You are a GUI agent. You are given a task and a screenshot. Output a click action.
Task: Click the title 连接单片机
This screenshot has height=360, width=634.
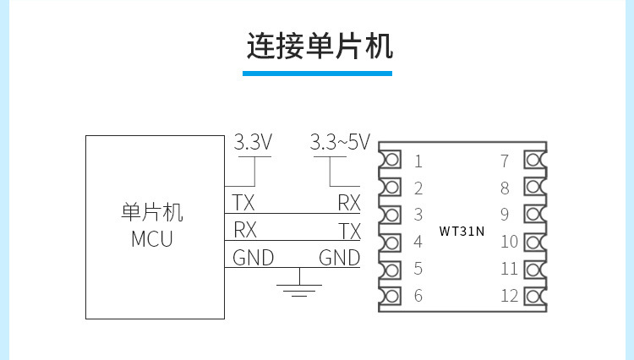pos(319,45)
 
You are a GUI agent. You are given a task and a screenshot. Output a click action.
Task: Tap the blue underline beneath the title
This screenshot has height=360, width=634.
pos(319,74)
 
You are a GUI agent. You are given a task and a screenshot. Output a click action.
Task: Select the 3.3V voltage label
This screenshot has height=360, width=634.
pos(253,142)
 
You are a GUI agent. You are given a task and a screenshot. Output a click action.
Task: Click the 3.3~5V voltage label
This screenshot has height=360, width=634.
pos(340,142)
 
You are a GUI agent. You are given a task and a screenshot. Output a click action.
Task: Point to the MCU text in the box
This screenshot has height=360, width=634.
pos(152,239)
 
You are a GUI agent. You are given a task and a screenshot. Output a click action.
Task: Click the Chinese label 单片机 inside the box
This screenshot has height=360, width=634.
pos(152,212)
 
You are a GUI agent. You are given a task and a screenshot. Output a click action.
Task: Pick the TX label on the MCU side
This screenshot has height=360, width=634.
pos(243,203)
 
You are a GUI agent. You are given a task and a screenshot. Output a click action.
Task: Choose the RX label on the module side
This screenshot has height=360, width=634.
pos(349,203)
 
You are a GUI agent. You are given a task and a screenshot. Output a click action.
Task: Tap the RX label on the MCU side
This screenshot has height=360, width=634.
pos(244,230)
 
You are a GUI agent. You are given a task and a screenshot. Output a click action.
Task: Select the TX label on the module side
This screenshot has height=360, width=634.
pos(349,231)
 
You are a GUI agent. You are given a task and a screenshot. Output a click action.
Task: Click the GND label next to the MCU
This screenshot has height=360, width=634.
pos(253,258)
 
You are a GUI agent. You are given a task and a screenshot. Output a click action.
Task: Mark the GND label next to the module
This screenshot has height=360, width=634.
pos(339,258)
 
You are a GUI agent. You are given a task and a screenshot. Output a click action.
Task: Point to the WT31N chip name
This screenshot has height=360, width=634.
pos(462,230)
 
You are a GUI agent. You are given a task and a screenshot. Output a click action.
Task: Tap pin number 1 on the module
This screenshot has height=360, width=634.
pos(418,161)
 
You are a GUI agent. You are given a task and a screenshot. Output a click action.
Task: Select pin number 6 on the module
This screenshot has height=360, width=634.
pos(418,297)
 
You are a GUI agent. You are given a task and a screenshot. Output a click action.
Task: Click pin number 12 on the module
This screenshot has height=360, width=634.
pos(508,297)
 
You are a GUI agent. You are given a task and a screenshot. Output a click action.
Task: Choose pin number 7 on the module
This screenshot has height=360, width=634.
pos(505,161)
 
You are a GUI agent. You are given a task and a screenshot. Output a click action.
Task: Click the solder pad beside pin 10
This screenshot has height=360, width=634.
pos(534,243)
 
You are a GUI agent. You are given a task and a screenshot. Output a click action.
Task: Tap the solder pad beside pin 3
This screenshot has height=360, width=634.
pos(390,215)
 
